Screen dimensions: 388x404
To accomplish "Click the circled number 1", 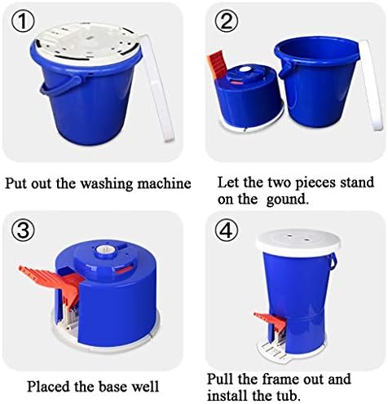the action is coord(23,22).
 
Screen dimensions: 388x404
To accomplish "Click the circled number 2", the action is coord(227,22).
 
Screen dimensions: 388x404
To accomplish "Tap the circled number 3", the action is coord(23,231).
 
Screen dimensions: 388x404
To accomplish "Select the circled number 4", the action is coord(227,231).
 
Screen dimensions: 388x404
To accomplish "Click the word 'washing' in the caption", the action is coord(107,183).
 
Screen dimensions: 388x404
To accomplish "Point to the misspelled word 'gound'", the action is coord(288,200).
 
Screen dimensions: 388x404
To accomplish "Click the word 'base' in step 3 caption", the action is coord(113,386).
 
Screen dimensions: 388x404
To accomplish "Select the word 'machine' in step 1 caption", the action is coord(164,183).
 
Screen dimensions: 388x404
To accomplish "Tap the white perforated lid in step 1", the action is coord(87,43).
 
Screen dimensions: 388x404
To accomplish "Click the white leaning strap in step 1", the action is coord(157,87).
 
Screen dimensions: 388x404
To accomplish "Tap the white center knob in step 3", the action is coord(105,249).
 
